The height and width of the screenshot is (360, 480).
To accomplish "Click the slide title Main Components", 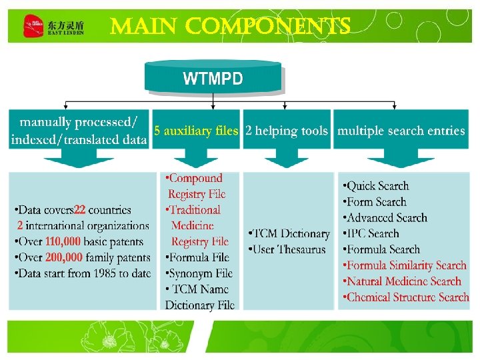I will tap(230, 27).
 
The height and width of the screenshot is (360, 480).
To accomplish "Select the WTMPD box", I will tap(213, 79).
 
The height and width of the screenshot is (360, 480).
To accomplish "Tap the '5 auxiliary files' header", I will tap(196, 131).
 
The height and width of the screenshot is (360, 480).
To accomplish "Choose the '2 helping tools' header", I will tap(287, 131).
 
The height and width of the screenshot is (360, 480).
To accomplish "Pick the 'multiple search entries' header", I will tap(401, 131).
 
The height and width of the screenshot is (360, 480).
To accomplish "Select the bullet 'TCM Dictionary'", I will tap(289, 234).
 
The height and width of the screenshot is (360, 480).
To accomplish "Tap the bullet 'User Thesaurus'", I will tap(287, 249).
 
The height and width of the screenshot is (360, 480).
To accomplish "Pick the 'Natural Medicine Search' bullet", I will tap(402, 281).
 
